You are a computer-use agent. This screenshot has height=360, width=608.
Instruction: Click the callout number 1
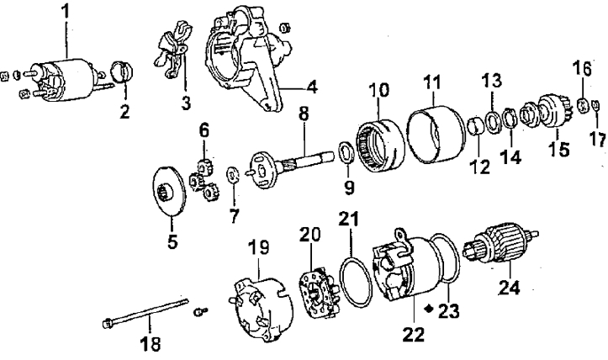(66, 12)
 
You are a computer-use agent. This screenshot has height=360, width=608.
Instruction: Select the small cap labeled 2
(122, 71)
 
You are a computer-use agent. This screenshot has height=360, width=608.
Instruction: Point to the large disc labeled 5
(169, 190)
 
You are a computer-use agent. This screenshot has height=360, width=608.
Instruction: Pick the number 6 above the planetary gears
(204, 130)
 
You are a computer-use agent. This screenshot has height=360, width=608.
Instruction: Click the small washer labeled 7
(233, 175)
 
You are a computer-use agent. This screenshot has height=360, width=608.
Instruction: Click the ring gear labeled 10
(380, 146)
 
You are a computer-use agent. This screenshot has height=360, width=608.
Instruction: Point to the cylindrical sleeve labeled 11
(436, 135)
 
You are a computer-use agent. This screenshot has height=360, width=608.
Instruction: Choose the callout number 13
(492, 80)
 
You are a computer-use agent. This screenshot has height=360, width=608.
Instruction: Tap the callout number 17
(597, 140)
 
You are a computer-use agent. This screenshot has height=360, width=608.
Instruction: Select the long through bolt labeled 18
(146, 310)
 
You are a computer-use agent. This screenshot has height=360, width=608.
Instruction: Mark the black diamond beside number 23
(429, 309)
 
